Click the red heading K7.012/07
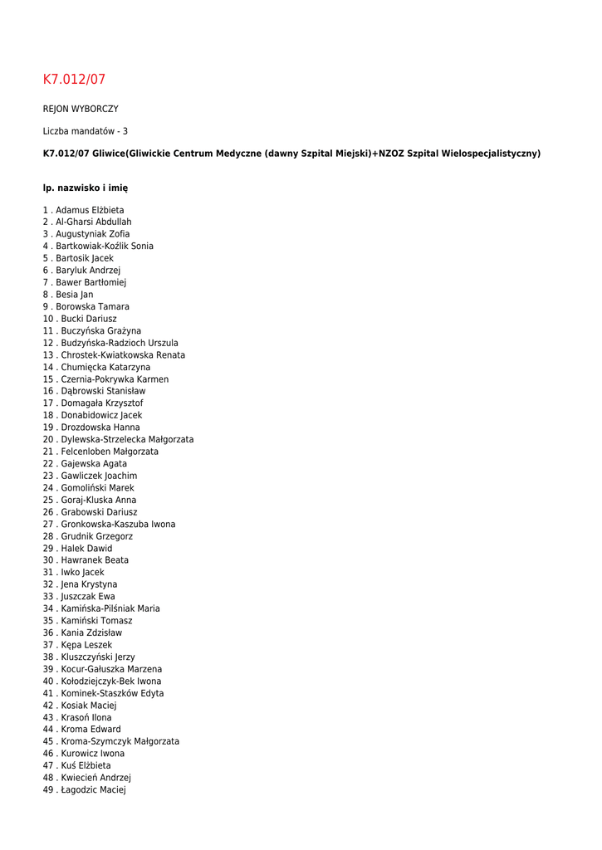tap(74, 80)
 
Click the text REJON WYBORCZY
tap(81, 109)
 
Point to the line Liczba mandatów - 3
tap(86, 131)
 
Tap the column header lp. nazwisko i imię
tap(86, 188)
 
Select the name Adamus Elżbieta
tap(90, 210)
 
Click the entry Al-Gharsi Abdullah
tap(93, 222)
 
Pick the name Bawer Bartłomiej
tap(91, 282)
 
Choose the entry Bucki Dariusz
tap(88, 319)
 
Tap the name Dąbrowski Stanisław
tap(103, 391)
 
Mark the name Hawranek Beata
tap(95, 560)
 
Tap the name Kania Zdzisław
tap(91, 633)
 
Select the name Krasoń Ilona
tap(86, 717)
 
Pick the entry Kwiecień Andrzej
tap(95, 778)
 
